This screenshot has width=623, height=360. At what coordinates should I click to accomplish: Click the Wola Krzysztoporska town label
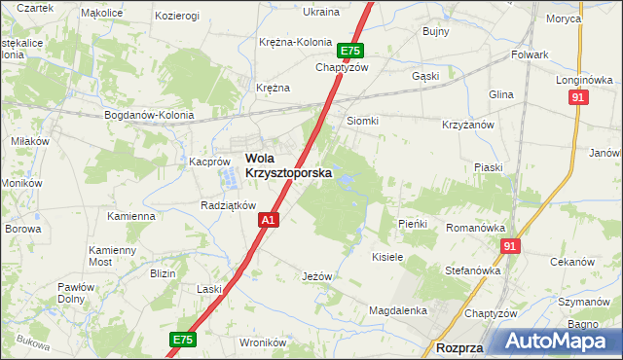(287, 165)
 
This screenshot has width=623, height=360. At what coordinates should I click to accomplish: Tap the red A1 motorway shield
(270, 222)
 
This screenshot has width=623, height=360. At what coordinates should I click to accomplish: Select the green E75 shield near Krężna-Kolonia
(350, 52)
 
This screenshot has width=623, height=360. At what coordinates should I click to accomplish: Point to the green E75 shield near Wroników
(181, 340)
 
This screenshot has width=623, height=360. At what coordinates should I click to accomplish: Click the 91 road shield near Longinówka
(579, 98)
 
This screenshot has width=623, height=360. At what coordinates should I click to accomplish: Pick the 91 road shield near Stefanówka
(510, 248)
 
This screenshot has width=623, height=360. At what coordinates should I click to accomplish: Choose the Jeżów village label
(317, 276)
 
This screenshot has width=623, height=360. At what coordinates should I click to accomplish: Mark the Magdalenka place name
(398, 310)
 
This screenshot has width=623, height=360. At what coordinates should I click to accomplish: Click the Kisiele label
(387, 257)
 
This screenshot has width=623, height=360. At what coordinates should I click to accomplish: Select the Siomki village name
(362, 121)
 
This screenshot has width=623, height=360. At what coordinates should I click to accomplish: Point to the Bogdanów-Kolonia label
(150, 115)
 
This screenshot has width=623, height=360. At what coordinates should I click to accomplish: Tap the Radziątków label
(227, 205)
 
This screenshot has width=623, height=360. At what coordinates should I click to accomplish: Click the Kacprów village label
(208, 162)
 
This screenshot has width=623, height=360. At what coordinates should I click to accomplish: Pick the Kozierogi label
(176, 16)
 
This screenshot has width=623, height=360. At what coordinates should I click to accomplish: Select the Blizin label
(163, 273)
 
